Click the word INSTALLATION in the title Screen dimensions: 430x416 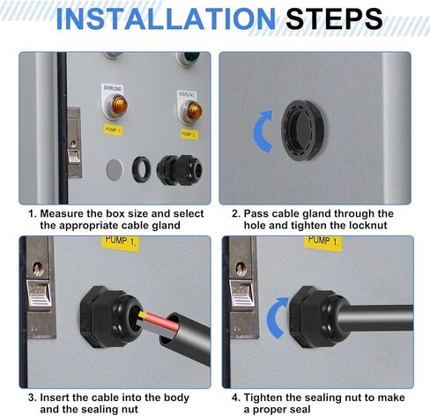166,19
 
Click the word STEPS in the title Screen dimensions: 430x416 334,19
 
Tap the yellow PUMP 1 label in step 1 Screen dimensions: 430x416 114,130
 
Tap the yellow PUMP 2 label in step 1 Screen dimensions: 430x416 189,134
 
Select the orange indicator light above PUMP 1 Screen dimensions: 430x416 119,105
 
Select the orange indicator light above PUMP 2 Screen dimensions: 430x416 194,110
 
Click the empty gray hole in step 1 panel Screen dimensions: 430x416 115,169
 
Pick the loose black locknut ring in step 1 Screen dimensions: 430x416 142,169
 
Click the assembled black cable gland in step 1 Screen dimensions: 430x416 179,170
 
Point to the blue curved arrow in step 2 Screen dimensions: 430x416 258,131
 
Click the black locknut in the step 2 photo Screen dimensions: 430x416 302,130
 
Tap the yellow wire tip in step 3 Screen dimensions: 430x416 143,315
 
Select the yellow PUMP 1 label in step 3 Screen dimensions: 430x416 121,243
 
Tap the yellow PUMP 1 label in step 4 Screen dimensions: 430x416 323,242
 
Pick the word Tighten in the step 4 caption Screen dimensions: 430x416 263,397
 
